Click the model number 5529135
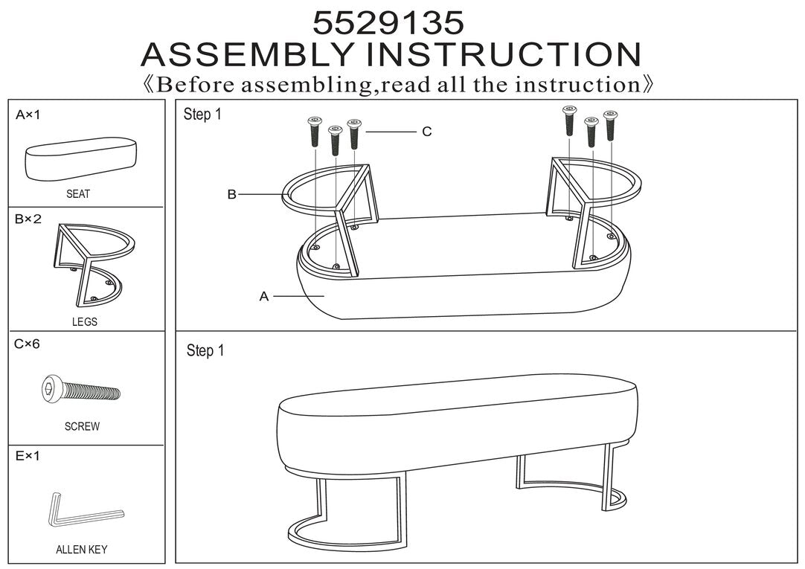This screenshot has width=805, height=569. coord(388,22)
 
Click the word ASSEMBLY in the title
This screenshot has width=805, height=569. coord(248,54)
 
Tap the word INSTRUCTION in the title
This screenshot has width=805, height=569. coord(504,54)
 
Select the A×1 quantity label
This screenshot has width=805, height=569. coord(28,115)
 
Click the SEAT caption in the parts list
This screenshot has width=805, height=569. coord(78,194)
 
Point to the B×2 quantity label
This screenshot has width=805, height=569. coord(28,219)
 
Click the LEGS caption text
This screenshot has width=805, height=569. coord(85,322)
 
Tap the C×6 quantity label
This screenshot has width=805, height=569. coord(27,344)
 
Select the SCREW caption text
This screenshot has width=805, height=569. coord(82,426)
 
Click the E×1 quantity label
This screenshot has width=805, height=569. coord(28,456)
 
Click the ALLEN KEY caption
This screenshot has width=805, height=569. coord(82,550)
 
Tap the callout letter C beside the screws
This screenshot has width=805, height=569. coord(427,132)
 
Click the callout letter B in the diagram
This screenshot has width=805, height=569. coord(232,194)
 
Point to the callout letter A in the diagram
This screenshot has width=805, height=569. coord(264,296)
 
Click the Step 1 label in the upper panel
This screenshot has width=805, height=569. coord(202,115)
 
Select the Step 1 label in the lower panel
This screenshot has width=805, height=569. coord(205,351)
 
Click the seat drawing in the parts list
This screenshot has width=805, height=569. coord(81,158)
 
